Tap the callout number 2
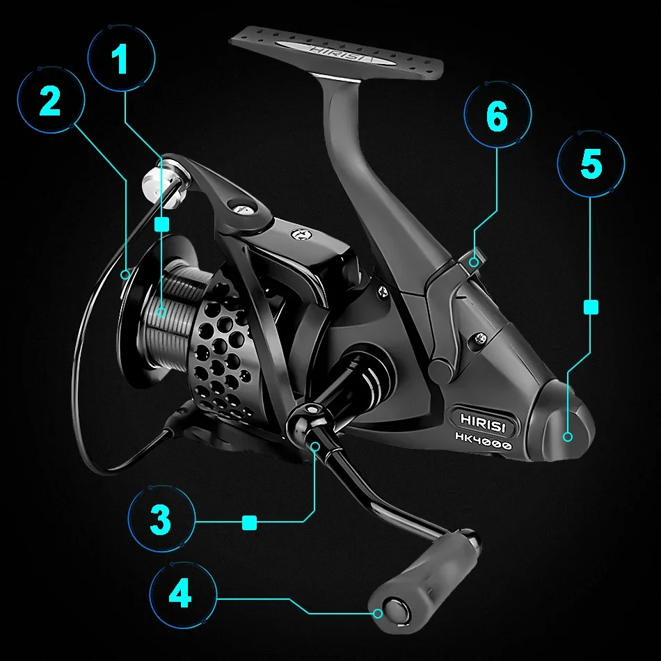(x=50, y=100)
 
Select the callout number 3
(x=161, y=519)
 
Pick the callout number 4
(x=180, y=593)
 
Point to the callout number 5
(x=591, y=164)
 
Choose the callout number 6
(x=497, y=116)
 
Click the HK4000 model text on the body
(x=484, y=441)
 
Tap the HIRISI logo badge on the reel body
(x=483, y=422)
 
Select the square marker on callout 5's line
(x=591, y=307)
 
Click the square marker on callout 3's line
(x=250, y=523)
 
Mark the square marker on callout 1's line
(x=162, y=224)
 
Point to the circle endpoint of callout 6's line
(x=474, y=262)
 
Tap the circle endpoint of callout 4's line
(x=378, y=614)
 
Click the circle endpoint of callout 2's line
(x=125, y=275)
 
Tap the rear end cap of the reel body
(x=561, y=422)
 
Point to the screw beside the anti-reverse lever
(x=481, y=337)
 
